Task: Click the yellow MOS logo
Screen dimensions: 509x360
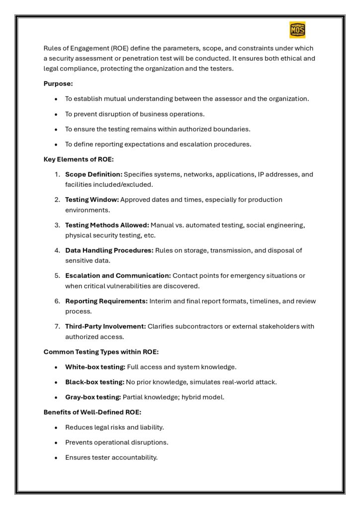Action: (297, 30)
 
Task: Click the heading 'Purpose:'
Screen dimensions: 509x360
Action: (58, 84)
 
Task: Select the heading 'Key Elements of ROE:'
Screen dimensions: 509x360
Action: (79, 160)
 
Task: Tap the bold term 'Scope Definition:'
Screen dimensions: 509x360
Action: (93, 174)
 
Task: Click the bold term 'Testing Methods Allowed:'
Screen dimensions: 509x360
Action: (107, 225)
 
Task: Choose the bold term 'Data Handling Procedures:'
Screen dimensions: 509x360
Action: (109, 251)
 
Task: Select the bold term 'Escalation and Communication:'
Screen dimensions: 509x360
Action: (118, 275)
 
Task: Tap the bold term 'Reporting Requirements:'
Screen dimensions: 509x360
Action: (106, 301)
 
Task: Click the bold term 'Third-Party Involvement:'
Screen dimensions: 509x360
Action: (105, 327)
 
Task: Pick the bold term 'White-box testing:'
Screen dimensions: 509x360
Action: (95, 367)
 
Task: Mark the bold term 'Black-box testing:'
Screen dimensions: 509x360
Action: (94, 382)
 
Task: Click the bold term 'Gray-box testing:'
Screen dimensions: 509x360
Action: (93, 397)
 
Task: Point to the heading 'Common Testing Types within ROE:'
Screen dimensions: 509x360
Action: (101, 352)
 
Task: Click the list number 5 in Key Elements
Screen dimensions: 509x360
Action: (57, 275)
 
